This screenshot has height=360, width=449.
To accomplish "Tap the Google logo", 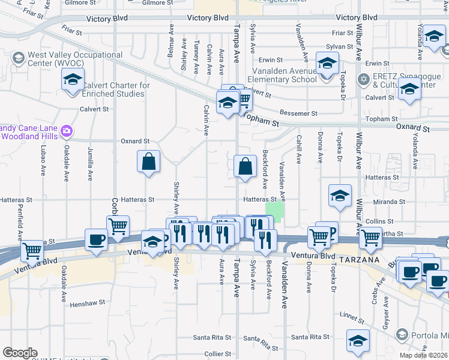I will tap(20, 353).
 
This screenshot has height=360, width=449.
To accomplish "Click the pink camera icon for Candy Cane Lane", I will tap(67, 131).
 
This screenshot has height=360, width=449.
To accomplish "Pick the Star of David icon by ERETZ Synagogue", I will tap(363, 79).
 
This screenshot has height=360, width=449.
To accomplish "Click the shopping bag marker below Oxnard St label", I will tap(148, 161).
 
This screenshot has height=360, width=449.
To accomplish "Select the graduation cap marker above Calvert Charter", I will tap(73, 80).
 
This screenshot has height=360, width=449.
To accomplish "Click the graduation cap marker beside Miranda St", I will tap(340, 196).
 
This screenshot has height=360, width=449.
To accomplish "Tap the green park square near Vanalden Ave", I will tap(274, 211).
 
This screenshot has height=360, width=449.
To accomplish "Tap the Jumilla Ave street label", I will tap(91, 163).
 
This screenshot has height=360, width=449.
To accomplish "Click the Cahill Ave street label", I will tap(298, 151).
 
